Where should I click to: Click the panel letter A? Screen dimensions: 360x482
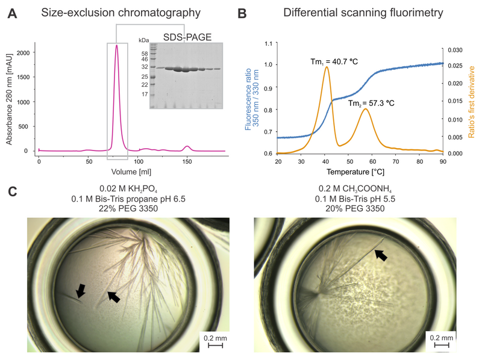[x=10, y=13]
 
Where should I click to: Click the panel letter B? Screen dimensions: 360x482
[x=249, y=13]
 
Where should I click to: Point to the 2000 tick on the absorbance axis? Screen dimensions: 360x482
[x=23, y=53]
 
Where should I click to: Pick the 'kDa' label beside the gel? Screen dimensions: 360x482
[x=143, y=40]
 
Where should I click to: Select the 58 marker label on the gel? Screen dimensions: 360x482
[x=144, y=52]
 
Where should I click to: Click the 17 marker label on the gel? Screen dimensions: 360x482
[x=144, y=95]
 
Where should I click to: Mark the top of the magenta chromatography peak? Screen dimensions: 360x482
[x=116, y=46]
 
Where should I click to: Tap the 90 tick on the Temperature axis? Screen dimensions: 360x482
[x=443, y=161]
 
